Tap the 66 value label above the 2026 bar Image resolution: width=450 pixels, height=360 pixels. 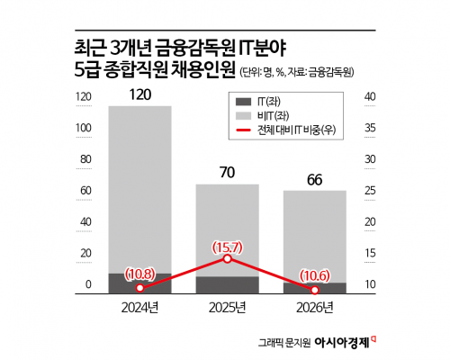pos(315,179)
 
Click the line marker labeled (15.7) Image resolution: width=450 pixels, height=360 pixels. pos(228,258)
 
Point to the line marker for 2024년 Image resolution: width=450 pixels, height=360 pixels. pos(140,289)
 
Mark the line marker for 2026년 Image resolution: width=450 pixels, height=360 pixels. pos(315,290)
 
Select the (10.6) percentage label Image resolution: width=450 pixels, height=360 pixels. pos(315,274)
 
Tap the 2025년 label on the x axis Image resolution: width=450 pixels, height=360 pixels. pos(228,308)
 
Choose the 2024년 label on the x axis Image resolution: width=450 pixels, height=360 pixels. pos(139,308)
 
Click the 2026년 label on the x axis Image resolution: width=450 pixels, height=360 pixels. pos(315,308)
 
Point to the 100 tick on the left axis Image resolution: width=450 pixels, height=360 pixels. pos(85,129)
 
